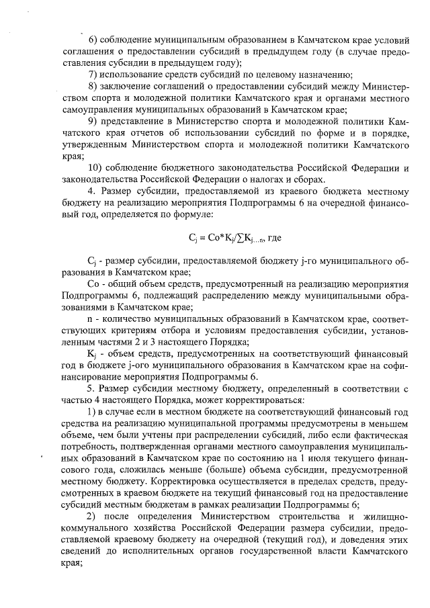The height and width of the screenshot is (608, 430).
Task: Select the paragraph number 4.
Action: pyautogui.click(x=91, y=191)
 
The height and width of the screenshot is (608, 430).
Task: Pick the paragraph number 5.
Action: pyautogui.click(x=91, y=388)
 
